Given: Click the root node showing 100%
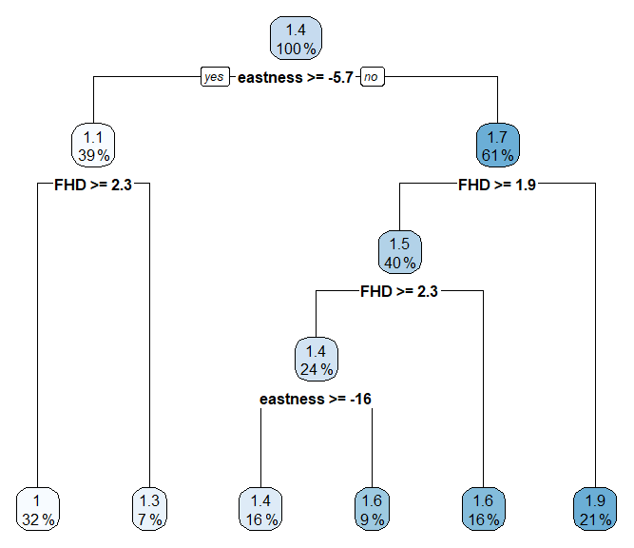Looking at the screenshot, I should tap(297, 39).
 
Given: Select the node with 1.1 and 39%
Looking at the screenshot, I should tap(93, 146).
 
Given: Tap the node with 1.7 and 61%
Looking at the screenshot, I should tap(496, 146).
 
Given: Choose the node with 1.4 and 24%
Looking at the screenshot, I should tap(316, 359).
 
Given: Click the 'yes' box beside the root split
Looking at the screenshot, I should tap(215, 78).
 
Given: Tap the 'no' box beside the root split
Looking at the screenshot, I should tap(373, 78).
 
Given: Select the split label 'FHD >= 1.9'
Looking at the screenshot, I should tap(496, 185).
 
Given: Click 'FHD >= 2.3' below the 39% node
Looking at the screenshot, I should tap(93, 185).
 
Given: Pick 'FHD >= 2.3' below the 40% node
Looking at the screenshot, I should tap(399, 291).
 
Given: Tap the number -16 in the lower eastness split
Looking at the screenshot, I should tap(359, 399).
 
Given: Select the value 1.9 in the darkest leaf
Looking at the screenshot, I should tap(595, 500).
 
